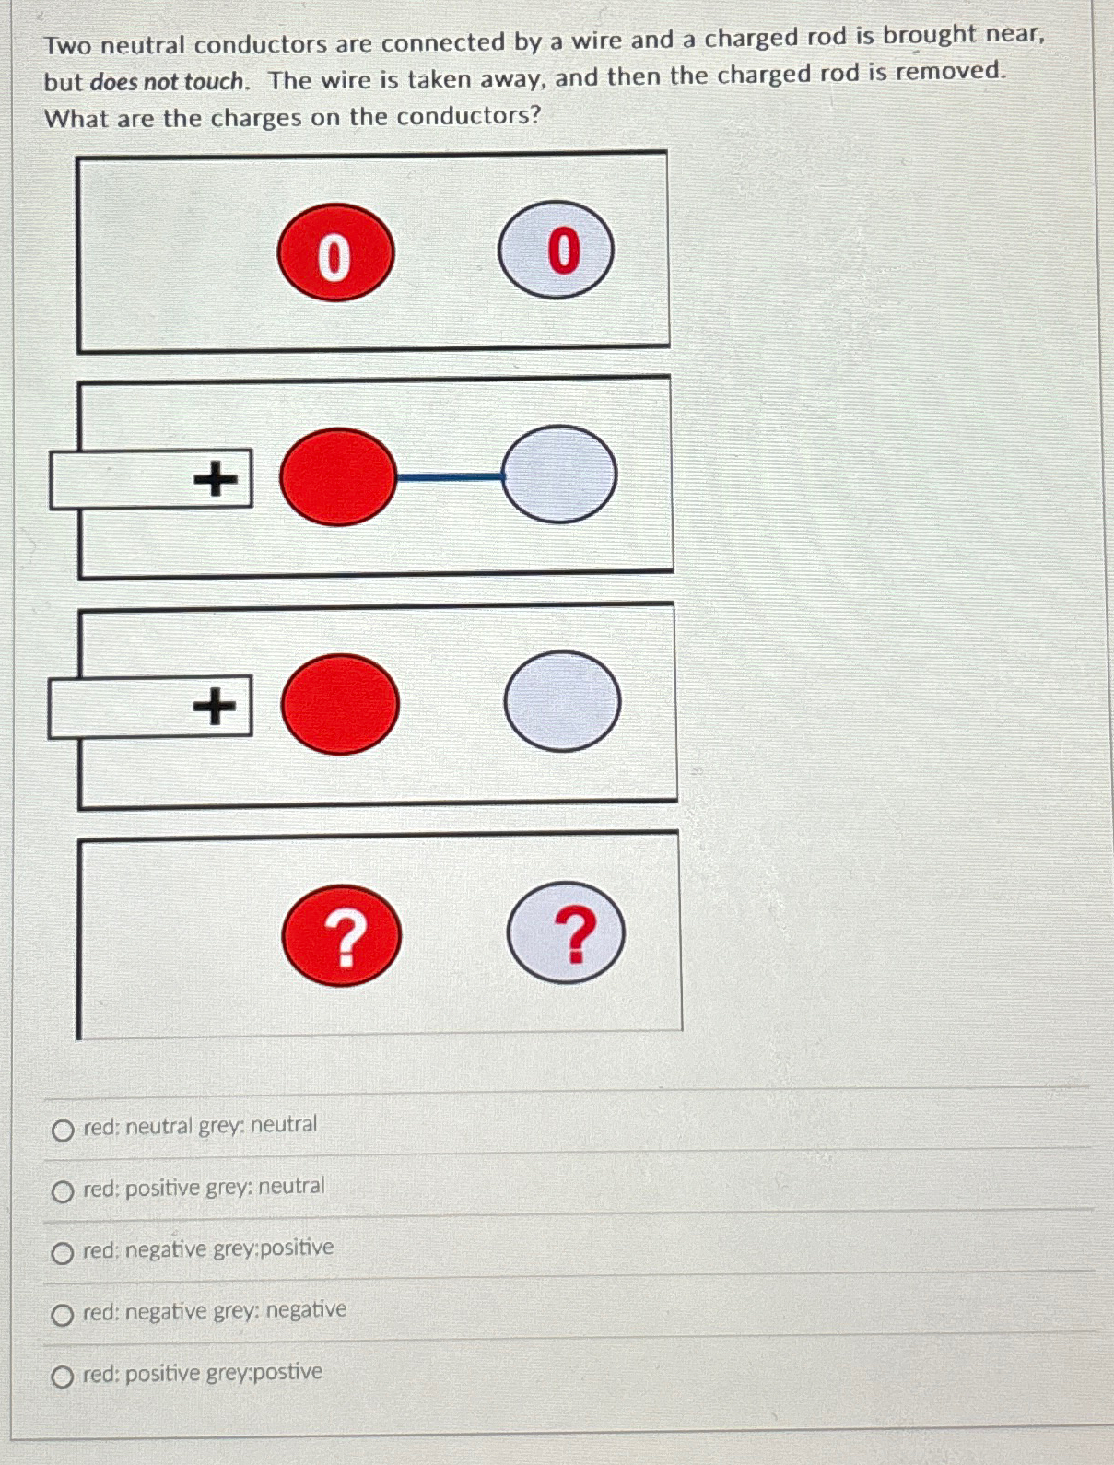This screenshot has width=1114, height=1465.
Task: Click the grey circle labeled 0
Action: tap(557, 250)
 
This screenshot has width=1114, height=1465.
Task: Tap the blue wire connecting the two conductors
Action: tap(449, 476)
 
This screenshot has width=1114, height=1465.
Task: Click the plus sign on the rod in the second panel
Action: tap(216, 479)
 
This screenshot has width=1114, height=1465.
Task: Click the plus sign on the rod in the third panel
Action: tap(215, 707)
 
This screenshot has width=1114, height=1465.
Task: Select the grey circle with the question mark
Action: tap(566, 933)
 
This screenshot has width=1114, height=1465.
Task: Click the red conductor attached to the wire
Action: tap(337, 476)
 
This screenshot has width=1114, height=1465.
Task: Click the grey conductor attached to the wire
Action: tap(559, 475)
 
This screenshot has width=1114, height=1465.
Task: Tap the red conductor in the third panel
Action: tap(339, 705)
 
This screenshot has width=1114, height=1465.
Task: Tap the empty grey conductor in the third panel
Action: tap(562, 701)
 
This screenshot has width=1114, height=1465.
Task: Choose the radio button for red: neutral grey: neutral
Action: tap(63, 1130)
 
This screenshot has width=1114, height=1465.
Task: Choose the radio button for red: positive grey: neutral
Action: tap(63, 1192)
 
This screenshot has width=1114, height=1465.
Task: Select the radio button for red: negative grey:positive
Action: tap(63, 1253)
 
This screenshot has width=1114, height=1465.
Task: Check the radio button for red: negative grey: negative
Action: tap(63, 1315)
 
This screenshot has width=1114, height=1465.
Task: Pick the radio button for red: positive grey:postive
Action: tap(63, 1377)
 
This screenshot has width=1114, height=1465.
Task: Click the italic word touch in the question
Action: tap(215, 81)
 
